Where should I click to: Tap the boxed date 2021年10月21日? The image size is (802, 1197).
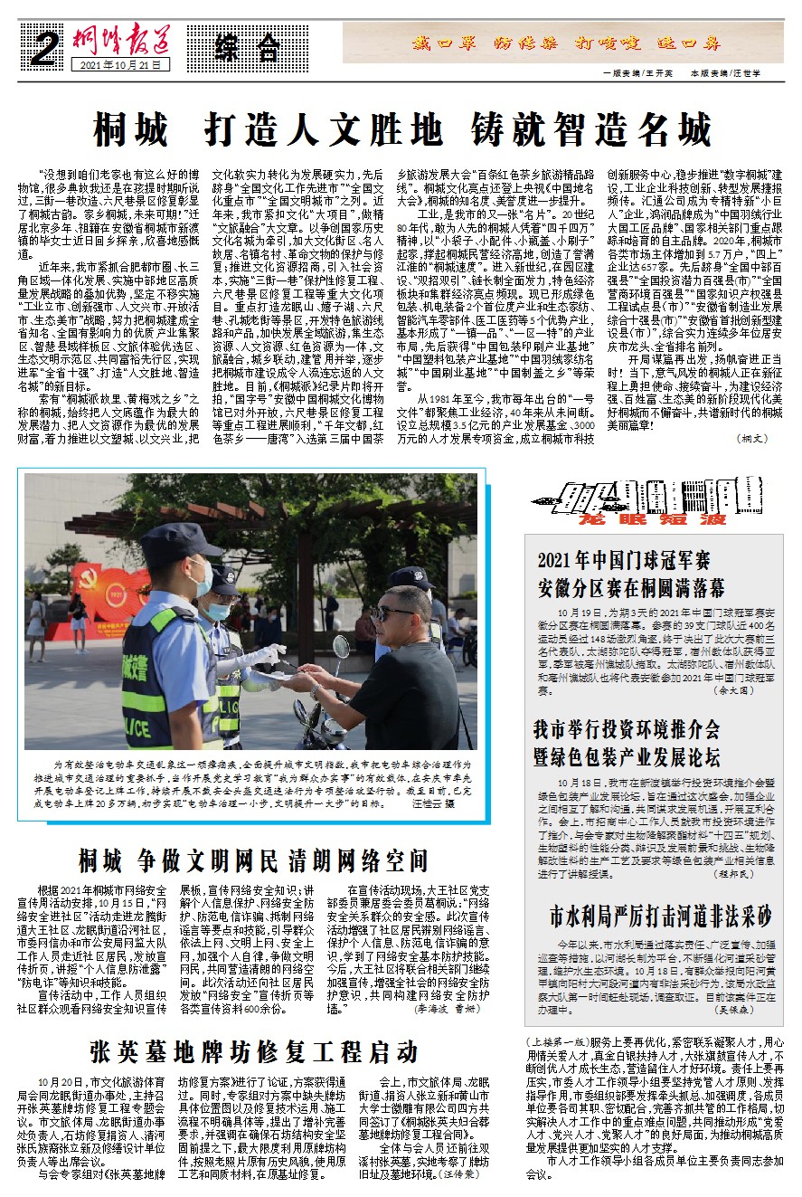125,66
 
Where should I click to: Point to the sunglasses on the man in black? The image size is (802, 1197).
395,613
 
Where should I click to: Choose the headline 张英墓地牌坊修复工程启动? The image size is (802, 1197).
254,1051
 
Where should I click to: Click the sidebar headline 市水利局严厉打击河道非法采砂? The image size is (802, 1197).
662,917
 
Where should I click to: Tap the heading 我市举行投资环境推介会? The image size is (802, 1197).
627,729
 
